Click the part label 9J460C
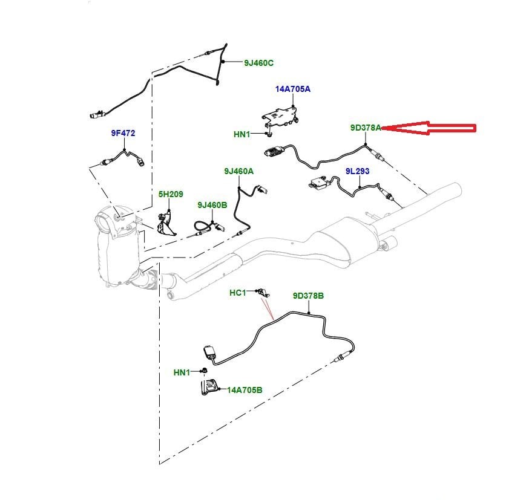point(259,63)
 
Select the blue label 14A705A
point(293,89)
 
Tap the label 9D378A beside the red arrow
point(366,128)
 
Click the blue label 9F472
point(123,133)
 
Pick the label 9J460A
point(238,172)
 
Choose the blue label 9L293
point(357,171)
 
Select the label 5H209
point(171,194)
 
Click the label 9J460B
point(212,206)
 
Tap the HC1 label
point(238,293)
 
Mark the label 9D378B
point(309,296)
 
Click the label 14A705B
point(245,390)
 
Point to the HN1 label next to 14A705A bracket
point(241,134)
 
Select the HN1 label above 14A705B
point(182,372)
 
